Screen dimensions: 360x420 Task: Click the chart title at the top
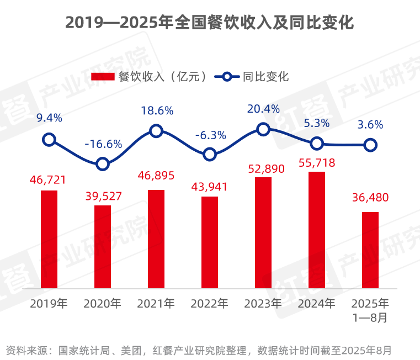point(210,23)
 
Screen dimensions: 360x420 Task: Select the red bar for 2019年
point(49,239)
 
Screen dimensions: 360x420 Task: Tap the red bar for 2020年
point(103,247)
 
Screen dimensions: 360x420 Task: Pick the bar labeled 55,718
point(317,230)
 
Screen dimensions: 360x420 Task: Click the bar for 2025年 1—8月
point(370,250)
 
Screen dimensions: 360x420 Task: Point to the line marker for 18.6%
point(156,131)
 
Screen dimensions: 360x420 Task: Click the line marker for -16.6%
point(103,163)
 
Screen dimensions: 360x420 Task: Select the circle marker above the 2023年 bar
point(263,129)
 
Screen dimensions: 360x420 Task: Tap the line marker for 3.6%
point(370,145)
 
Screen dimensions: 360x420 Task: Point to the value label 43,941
point(209,187)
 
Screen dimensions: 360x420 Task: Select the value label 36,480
point(370,197)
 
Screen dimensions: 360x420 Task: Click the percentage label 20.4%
point(263,109)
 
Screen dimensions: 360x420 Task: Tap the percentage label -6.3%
point(210,135)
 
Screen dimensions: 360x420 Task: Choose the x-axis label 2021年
point(156,303)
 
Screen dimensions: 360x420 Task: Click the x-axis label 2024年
point(316,303)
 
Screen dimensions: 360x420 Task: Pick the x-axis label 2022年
point(209,303)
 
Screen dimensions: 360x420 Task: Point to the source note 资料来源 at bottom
point(199,350)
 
